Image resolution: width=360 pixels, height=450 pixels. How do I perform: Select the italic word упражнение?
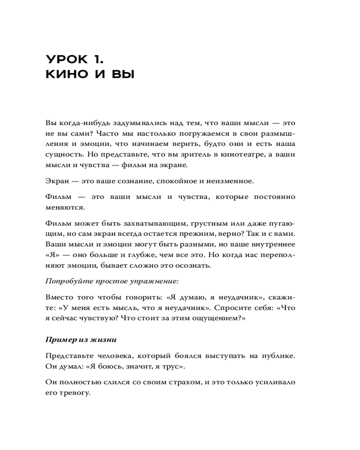point(157,281)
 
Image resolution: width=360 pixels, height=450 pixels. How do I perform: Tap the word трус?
point(175,366)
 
